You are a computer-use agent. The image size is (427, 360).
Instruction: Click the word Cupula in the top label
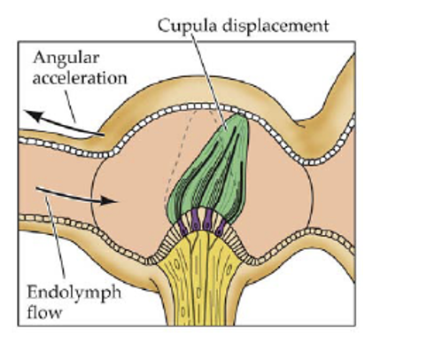(182, 24)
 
